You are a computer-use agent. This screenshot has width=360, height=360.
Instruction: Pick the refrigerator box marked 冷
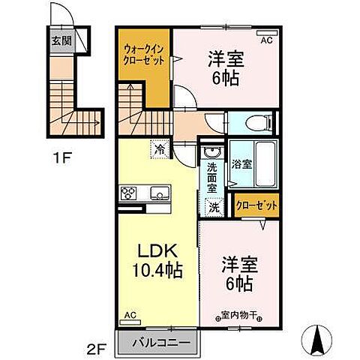pos(159,148)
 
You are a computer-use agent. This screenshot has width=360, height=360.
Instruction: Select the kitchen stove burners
pos(129,193)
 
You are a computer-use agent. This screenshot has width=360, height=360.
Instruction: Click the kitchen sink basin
pos(159,193)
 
